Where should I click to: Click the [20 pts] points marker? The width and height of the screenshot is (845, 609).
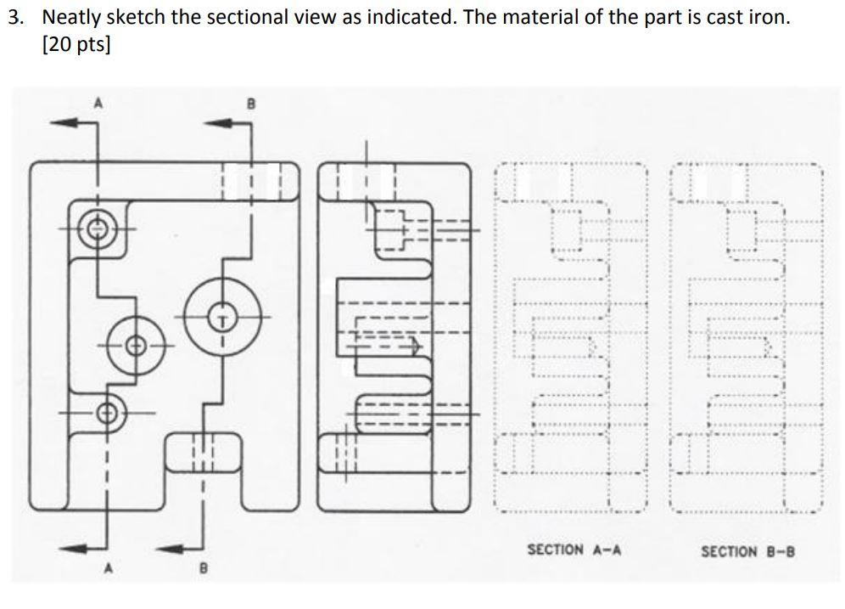click(x=76, y=44)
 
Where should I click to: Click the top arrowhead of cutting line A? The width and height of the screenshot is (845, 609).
click(x=61, y=123)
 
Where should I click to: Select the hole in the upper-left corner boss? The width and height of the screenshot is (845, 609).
click(x=98, y=228)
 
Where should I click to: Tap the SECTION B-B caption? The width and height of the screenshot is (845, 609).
click(x=747, y=551)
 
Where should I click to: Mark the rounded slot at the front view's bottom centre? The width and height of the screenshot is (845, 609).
click(x=202, y=452)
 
